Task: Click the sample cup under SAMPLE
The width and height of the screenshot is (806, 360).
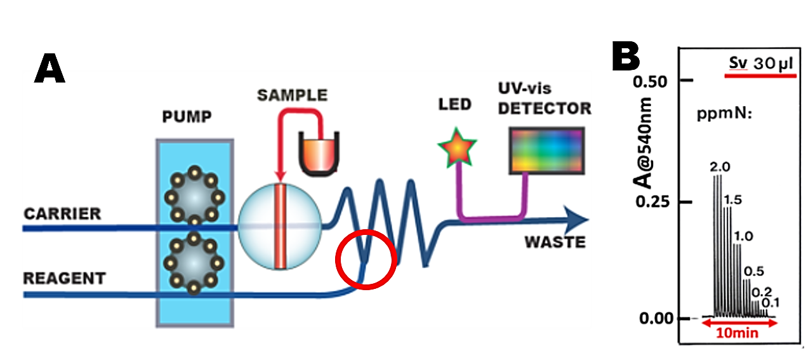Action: coord(320,154)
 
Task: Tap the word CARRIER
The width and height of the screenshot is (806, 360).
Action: coord(62,213)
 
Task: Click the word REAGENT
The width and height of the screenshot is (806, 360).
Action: coord(64,278)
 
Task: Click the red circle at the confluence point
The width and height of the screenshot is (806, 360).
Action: coord(366,259)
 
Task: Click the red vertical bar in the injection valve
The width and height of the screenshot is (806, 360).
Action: coord(278,225)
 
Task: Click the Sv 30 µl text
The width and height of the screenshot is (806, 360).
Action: coord(760,64)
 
